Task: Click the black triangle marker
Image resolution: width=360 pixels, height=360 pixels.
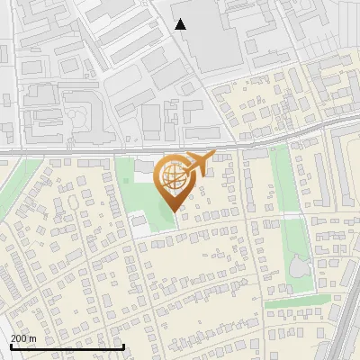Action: tap(181, 24)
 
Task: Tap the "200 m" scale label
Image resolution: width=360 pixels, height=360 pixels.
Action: tap(22, 338)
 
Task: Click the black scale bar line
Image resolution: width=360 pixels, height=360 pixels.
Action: tap(67, 346)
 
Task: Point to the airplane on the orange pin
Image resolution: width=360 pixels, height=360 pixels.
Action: tap(200, 162)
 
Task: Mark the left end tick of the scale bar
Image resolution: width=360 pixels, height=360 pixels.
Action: tap(11, 346)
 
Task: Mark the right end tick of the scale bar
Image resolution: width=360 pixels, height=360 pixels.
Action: tap(123, 346)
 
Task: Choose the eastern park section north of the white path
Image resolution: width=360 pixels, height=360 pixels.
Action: tap(284, 180)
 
